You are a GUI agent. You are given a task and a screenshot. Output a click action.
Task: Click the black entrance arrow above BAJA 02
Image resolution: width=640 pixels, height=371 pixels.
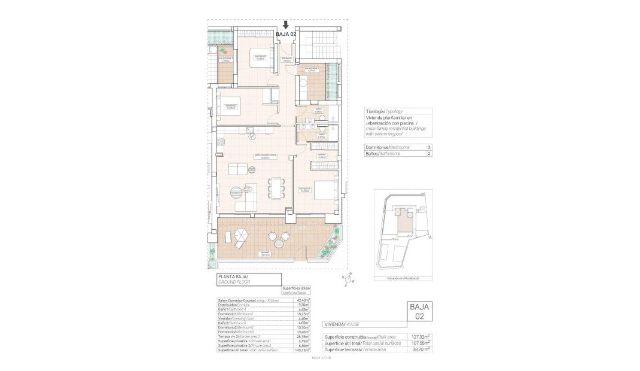(x=286, y=25)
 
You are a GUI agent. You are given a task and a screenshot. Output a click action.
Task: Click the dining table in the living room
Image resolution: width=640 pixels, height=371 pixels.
(x=275, y=187)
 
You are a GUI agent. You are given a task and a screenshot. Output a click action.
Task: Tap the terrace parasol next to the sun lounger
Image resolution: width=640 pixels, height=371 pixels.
(x=240, y=234)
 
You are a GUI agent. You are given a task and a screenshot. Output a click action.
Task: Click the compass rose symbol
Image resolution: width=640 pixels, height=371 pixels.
(x=348, y=278)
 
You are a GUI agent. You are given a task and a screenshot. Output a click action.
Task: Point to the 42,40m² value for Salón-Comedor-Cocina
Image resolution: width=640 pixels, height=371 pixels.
(x=303, y=300)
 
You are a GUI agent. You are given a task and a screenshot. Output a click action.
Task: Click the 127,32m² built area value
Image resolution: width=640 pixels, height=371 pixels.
(x=421, y=336)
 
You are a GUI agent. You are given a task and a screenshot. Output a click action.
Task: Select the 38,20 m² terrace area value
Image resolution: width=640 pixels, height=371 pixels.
(x=421, y=349)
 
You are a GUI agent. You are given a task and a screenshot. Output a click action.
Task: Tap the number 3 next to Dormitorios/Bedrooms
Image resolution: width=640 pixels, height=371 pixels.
(x=428, y=147)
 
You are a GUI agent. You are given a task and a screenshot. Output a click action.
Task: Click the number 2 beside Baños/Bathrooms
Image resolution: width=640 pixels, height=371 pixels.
(x=428, y=154)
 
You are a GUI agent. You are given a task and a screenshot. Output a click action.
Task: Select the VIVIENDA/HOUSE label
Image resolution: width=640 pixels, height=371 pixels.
(x=343, y=324)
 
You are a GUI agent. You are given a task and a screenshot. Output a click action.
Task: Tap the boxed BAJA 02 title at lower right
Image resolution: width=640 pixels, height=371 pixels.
(x=420, y=312)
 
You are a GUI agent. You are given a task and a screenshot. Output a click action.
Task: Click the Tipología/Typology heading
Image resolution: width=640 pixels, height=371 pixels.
(x=384, y=111)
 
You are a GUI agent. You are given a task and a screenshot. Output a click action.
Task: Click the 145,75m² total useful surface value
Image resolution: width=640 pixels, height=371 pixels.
(x=303, y=350)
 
